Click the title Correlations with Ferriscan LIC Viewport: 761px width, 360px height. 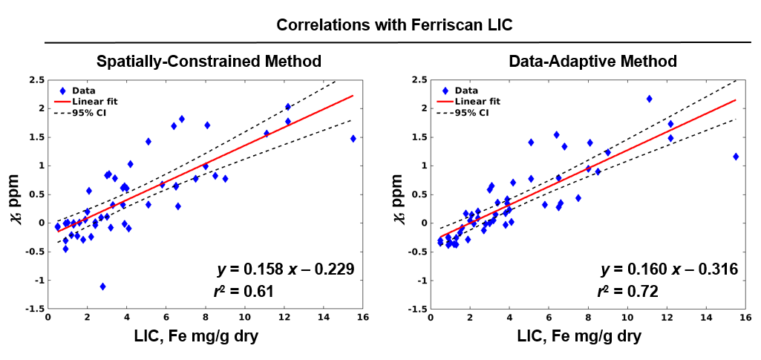(x=394, y=24)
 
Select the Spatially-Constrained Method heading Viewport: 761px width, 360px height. (x=203, y=61)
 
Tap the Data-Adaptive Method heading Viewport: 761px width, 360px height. (x=592, y=61)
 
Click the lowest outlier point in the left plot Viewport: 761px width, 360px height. (x=102, y=287)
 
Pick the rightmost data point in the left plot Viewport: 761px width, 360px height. (x=353, y=139)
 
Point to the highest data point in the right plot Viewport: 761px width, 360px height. (x=649, y=99)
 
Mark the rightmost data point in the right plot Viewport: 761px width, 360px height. (x=736, y=157)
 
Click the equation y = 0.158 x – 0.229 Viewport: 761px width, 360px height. (x=279, y=268)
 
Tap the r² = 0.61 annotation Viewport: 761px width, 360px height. (x=244, y=292)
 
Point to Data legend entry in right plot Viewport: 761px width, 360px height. (x=468, y=91)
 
